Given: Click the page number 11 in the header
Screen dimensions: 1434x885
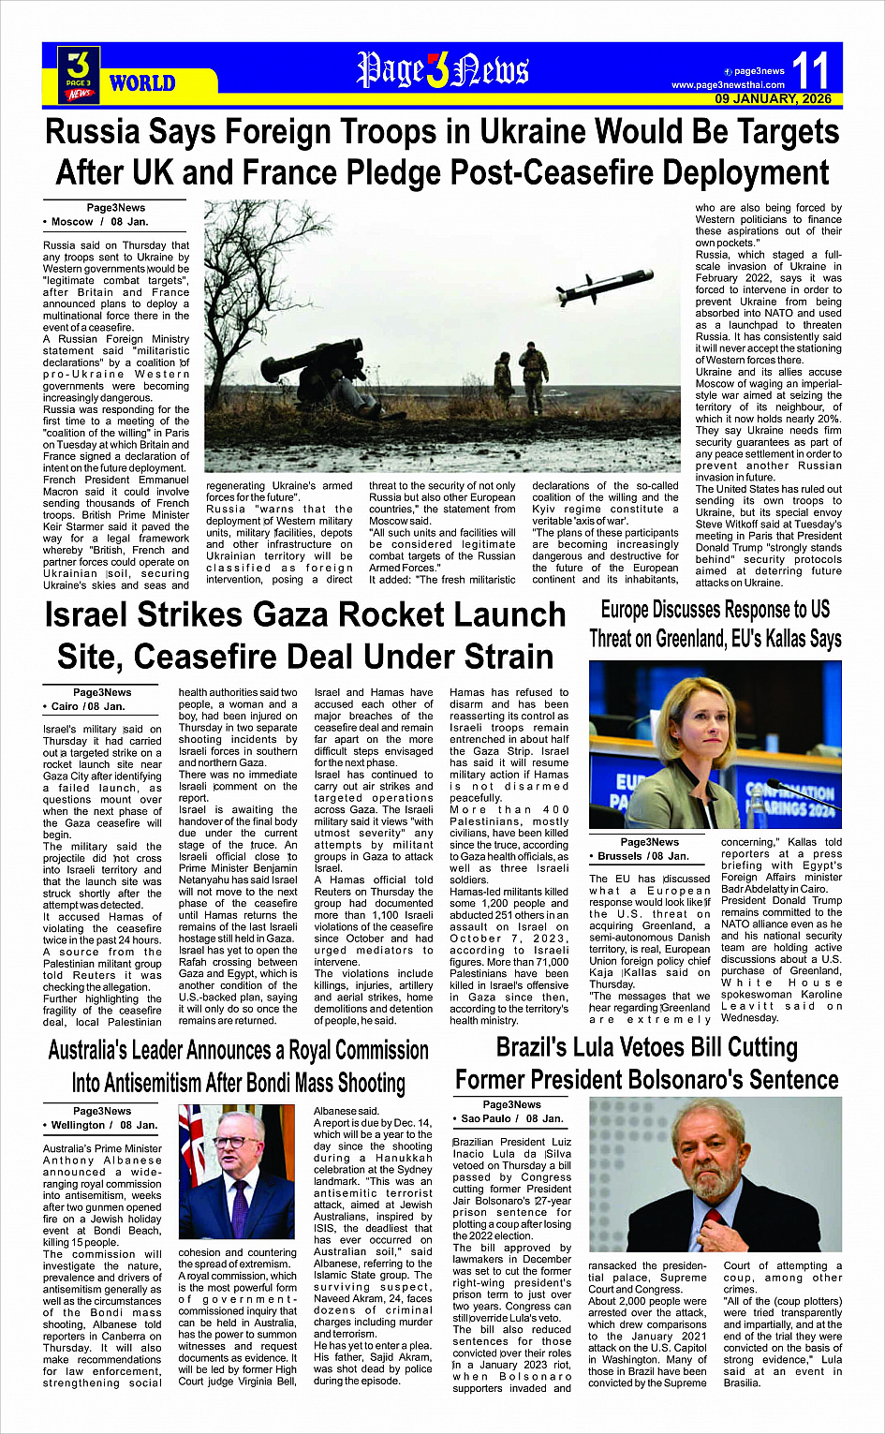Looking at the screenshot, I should click(811, 70).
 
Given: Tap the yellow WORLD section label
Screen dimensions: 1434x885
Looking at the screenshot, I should click(142, 83).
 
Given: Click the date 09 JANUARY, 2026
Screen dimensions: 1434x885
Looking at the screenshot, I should click(773, 98).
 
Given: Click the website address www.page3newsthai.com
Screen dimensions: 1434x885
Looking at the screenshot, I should click(728, 85).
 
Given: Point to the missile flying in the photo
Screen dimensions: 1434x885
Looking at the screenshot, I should click(604, 286).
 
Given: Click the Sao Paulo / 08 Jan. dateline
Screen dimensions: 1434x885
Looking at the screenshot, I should click(513, 1118).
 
